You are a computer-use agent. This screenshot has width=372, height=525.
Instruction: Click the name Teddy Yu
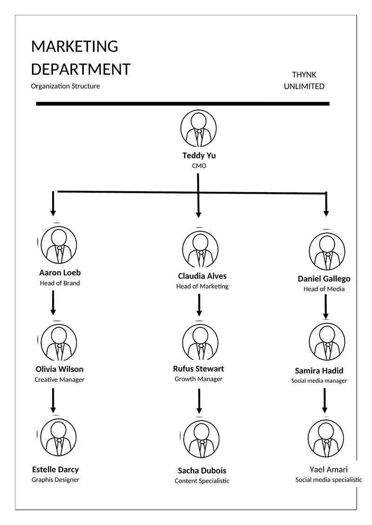(199, 156)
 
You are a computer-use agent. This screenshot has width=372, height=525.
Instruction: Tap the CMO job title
(199, 166)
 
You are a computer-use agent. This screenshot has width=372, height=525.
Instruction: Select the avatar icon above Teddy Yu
(199, 128)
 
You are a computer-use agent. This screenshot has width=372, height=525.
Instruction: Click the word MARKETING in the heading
(74, 46)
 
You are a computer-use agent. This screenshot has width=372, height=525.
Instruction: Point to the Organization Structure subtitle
(66, 86)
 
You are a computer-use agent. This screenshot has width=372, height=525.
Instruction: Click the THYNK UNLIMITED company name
(304, 80)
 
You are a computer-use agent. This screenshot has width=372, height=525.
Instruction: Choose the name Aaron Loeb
(60, 272)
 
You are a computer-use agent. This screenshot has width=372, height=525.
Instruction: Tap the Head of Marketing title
(202, 286)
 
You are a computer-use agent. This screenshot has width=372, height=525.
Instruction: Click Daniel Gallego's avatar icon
(327, 252)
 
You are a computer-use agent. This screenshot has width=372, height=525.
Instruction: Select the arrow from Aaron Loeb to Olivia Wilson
(53, 303)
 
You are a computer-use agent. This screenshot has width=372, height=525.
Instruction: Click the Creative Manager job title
(60, 380)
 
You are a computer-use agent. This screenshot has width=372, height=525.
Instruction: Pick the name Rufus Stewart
(199, 369)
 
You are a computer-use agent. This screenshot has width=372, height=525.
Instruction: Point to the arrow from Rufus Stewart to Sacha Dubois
(199, 401)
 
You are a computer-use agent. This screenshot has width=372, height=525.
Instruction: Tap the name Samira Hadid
(319, 370)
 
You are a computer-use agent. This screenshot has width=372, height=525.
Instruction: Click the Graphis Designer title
(55, 480)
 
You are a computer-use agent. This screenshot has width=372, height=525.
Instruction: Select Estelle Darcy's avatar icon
(59, 437)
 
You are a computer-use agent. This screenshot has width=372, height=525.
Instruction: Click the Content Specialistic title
(202, 481)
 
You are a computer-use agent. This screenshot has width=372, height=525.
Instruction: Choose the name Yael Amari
(329, 469)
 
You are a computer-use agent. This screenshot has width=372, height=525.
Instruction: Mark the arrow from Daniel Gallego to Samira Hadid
(325, 306)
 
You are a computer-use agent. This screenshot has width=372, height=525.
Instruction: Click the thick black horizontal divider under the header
(183, 104)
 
